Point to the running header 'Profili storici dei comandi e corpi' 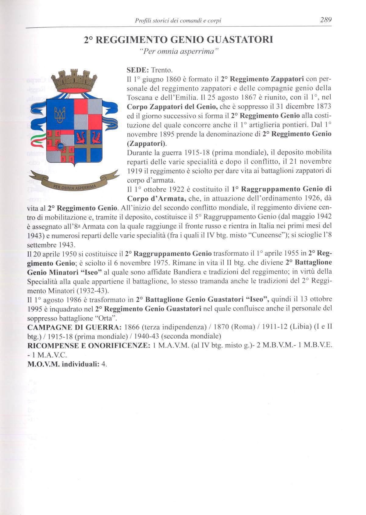click(x=178, y=21)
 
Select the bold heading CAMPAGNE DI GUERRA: click(x=75, y=327)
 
